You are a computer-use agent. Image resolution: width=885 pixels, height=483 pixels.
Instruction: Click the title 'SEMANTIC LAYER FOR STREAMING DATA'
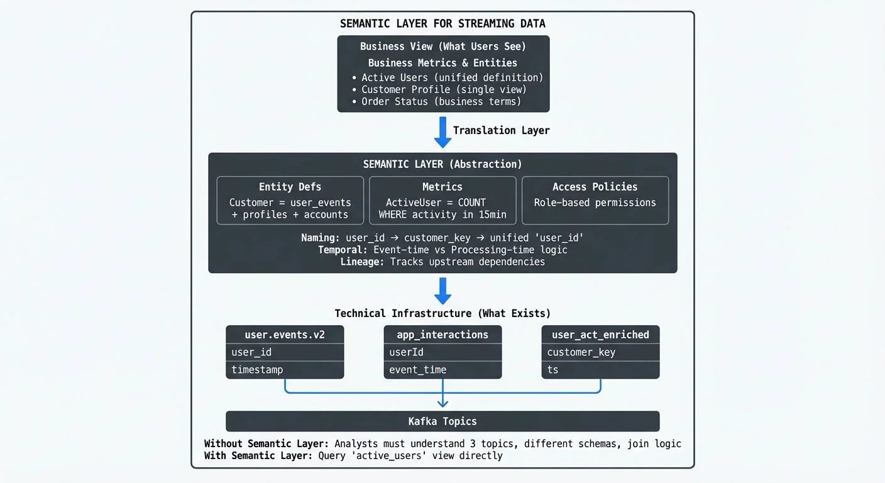pyautogui.click(x=442, y=24)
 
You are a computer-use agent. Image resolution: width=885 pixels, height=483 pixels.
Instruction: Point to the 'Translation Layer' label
pyautogui.click(x=501, y=130)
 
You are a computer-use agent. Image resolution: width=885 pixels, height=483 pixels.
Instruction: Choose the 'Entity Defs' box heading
pyautogui.click(x=290, y=187)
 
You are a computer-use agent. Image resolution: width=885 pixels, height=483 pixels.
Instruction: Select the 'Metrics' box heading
pyautogui.click(x=442, y=187)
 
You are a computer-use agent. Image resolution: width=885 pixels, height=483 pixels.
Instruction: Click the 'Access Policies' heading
pyautogui.click(x=595, y=187)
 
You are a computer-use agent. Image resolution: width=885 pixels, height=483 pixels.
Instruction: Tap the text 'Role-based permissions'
pyautogui.click(x=595, y=203)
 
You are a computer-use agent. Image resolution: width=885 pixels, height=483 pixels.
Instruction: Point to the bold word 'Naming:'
pyautogui.click(x=322, y=238)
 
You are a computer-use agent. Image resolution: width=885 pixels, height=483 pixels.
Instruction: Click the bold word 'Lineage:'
pyautogui.click(x=362, y=262)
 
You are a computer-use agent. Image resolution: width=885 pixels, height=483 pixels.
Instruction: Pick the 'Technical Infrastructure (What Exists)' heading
pyautogui.click(x=442, y=313)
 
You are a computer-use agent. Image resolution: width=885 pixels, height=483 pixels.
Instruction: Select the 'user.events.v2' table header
pyautogui.click(x=285, y=335)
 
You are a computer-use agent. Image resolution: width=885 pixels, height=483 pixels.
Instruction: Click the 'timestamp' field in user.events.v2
pyautogui.click(x=257, y=370)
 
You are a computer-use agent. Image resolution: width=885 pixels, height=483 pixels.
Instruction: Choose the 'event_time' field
pyautogui.click(x=417, y=370)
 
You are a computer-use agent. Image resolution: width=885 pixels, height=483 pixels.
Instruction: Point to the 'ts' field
pyautogui.click(x=552, y=370)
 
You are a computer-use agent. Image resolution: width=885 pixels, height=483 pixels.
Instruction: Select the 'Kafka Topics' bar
pyautogui.click(x=442, y=421)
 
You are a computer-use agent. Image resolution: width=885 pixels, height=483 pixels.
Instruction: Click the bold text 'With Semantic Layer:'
pyautogui.click(x=258, y=455)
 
